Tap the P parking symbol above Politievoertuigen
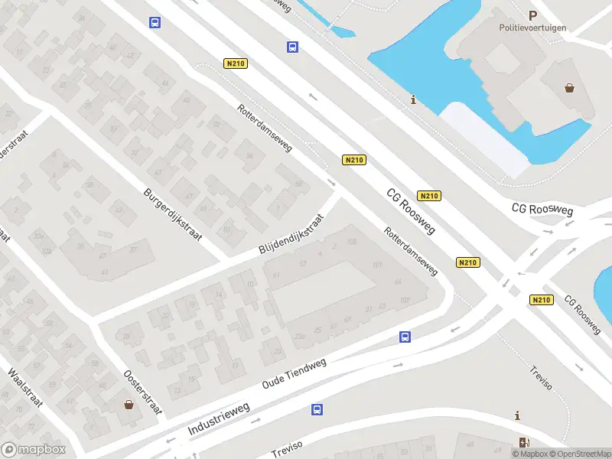532,15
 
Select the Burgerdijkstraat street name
173,214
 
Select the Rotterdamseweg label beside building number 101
411,250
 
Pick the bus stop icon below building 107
405,337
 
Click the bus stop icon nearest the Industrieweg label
317,409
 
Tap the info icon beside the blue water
414,99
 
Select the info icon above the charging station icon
519,415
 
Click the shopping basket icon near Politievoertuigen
570,87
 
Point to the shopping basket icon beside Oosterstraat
128,404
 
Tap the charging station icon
524,442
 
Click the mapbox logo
34,450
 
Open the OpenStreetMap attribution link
582,454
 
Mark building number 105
352,243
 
